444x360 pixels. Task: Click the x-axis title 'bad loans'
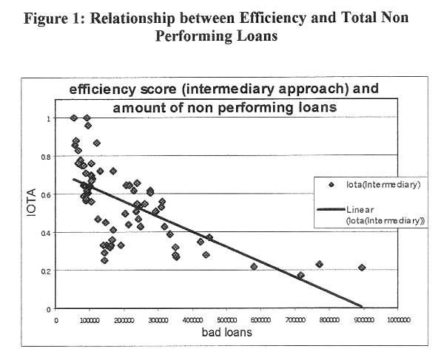point(226,333)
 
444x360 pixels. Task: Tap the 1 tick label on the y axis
point(49,118)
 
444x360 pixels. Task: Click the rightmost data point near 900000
point(362,268)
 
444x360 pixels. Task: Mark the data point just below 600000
point(254,266)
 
